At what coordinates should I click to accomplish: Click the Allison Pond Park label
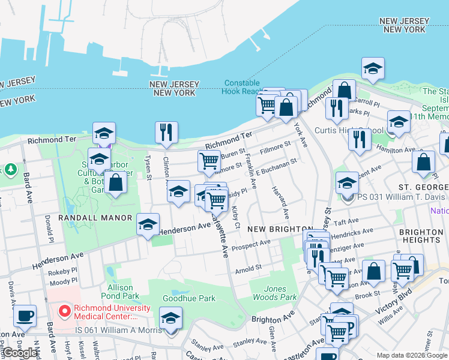pos(120,292)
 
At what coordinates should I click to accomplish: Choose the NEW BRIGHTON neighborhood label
pos(273,229)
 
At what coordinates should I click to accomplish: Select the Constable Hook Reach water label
pos(242,88)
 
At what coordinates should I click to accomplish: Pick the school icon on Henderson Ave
pos(148,224)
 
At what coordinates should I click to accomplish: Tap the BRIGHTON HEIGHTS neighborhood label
pos(421,236)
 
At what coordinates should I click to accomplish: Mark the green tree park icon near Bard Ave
pos(10,169)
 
